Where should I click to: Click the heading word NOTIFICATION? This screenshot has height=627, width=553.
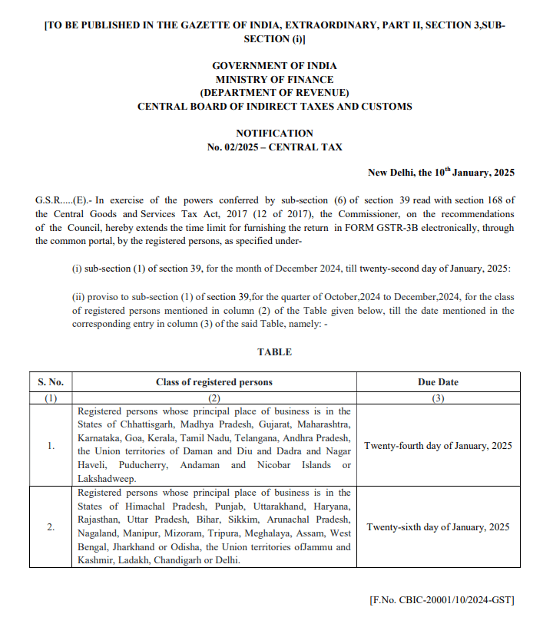click(274, 133)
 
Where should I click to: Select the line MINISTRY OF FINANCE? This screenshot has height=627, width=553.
click(274, 79)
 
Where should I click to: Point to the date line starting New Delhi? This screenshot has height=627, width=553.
click(441, 173)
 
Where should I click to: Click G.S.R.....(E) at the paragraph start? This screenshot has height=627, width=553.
click(64, 200)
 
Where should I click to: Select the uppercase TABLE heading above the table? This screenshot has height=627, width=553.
click(274, 352)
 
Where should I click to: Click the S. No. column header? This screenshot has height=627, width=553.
click(51, 382)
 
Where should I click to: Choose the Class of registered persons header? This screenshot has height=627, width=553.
click(214, 382)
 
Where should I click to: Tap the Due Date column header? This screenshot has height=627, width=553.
click(438, 382)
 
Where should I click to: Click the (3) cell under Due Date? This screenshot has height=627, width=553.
click(438, 398)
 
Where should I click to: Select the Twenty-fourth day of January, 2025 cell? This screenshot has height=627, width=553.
click(438, 446)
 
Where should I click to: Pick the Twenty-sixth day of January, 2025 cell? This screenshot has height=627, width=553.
click(438, 527)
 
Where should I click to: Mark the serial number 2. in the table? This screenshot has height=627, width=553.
click(51, 527)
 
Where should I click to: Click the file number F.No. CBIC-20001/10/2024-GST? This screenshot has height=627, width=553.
click(442, 599)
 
